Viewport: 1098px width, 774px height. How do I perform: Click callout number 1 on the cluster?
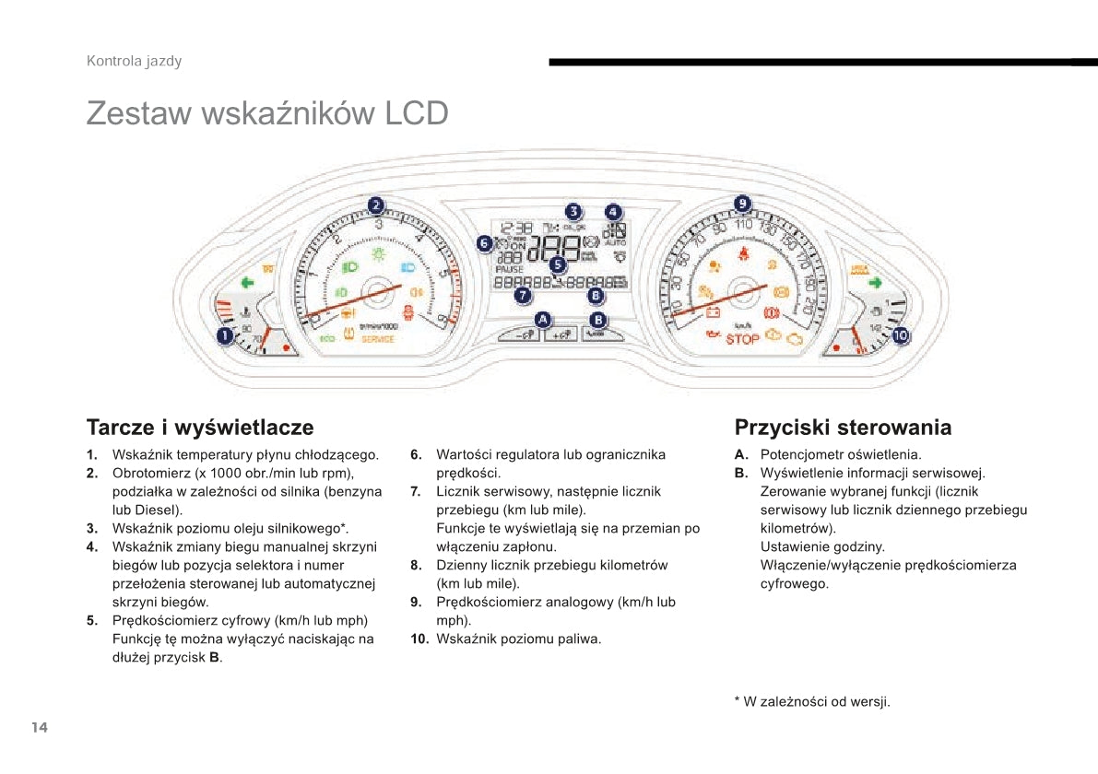[x=225, y=336]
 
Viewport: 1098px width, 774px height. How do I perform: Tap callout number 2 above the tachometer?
[x=376, y=205]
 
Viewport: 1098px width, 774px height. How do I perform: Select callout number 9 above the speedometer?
[x=742, y=204]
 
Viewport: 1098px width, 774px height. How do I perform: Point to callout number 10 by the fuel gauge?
[x=900, y=336]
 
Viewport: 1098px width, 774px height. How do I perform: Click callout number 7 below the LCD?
[x=522, y=296]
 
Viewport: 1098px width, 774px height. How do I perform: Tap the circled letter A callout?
[x=543, y=320]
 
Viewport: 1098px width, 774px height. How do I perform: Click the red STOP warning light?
[x=742, y=339]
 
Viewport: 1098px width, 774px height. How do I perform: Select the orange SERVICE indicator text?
[x=377, y=339]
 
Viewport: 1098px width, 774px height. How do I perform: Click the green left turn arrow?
[x=246, y=283]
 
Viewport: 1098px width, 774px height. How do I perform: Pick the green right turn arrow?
[x=874, y=282]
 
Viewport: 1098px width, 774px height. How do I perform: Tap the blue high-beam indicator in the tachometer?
[x=408, y=267]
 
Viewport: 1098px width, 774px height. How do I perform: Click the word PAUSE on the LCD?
[x=509, y=269]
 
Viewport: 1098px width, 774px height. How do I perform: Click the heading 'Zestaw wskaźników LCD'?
[x=267, y=113]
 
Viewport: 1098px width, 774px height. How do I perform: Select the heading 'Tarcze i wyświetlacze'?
[x=200, y=428]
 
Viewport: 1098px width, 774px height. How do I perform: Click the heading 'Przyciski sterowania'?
[x=843, y=428]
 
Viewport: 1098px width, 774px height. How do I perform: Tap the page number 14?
[x=39, y=728]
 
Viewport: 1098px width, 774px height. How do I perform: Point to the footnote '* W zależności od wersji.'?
[x=812, y=702]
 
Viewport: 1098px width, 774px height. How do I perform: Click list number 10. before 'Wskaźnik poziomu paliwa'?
[x=419, y=639]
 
